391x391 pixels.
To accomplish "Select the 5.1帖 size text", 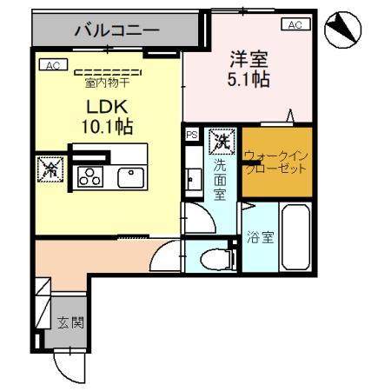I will [x=246, y=80].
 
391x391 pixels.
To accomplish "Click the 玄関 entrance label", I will [x=70, y=323].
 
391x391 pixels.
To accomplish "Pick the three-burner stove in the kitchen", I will [x=88, y=176].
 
